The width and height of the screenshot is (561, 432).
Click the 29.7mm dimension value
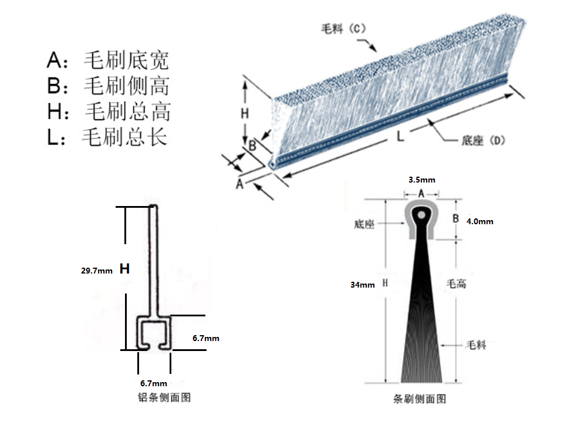97,271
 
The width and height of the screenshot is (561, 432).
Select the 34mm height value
363,285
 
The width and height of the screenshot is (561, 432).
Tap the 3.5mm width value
422,180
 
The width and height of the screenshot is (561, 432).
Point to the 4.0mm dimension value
479,221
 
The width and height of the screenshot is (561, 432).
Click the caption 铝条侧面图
164,397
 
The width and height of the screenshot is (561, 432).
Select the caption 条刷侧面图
420,399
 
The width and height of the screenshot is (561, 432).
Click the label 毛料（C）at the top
343,29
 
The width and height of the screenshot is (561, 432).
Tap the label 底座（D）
483,140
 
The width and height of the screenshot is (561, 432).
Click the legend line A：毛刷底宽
108,60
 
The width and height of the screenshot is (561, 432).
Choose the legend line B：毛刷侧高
108,86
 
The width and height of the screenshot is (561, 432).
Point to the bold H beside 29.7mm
124,269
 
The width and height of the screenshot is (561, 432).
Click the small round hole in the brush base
422,215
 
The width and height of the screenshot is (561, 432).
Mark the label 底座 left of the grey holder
364,224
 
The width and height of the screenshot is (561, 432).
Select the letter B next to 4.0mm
455,219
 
